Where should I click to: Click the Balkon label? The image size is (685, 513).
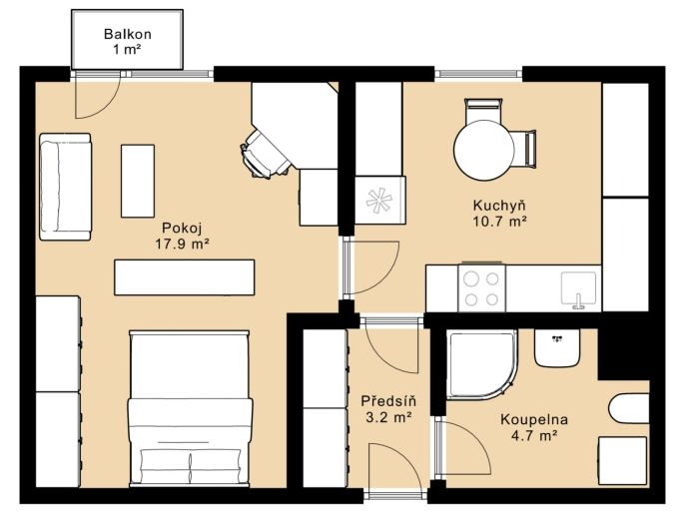click(128, 34)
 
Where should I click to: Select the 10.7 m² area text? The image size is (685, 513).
click(499, 222)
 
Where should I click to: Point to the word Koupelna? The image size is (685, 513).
click(534, 419)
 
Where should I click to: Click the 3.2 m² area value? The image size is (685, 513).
click(388, 418)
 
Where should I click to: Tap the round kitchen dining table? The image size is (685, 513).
click(484, 150)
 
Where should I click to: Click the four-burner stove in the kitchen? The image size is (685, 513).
click(482, 287)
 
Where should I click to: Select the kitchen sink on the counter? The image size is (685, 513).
click(579, 289)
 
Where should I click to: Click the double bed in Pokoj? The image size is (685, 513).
click(190, 408)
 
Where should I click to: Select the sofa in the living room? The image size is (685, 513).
click(66, 187)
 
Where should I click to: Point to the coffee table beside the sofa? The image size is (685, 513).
click(138, 181)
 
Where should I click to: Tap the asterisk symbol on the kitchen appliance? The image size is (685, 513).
click(378, 200)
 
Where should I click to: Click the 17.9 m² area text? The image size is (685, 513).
click(182, 244)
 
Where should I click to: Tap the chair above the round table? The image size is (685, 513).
click(482, 112)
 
